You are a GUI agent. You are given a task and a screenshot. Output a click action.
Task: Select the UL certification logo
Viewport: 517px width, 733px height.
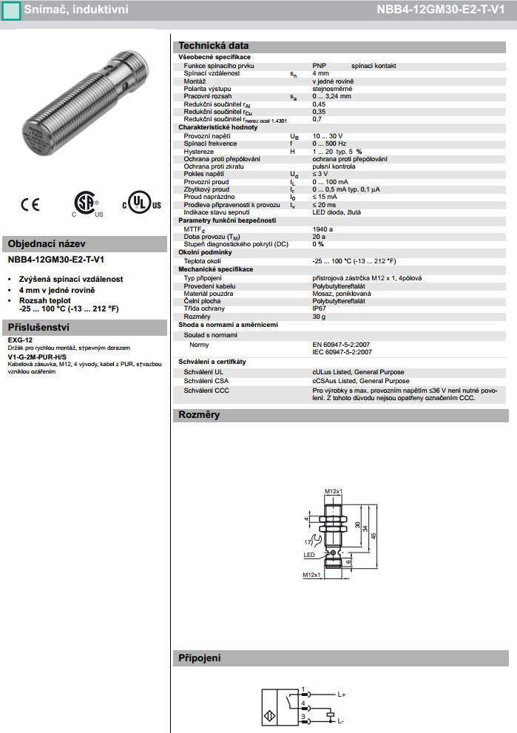click(141, 203)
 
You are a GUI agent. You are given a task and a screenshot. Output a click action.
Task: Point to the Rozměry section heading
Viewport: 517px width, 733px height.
click(199, 415)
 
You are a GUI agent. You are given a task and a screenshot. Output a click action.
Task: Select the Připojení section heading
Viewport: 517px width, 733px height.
click(200, 658)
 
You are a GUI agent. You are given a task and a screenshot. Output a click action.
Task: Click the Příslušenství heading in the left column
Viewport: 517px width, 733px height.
click(38, 327)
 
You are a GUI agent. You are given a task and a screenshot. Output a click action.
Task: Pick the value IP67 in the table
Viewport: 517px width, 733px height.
click(320, 308)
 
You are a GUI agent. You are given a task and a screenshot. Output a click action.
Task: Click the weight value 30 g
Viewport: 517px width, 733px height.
click(320, 317)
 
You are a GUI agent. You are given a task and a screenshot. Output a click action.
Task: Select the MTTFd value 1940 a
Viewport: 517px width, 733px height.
click(323, 229)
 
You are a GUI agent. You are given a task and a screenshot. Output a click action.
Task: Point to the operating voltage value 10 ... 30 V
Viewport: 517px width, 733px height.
click(328, 136)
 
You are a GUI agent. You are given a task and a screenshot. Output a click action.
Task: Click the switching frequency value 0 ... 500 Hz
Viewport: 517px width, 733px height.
click(330, 143)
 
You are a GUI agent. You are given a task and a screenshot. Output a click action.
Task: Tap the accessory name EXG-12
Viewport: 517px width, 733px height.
click(20, 340)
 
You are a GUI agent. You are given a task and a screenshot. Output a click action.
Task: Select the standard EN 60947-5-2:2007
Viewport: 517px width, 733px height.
click(343, 345)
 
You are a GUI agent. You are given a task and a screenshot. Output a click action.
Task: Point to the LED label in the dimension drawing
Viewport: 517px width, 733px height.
click(309, 554)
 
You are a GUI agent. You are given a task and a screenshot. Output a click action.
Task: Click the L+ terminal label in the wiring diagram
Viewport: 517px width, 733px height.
click(342, 695)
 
